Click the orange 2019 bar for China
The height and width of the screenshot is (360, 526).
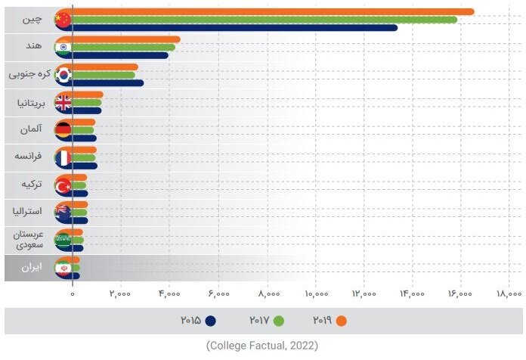pos(272,11)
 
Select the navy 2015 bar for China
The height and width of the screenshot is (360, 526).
pos(234,28)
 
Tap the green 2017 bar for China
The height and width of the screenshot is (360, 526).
pos(265,20)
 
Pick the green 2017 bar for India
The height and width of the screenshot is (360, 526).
pos(125,47)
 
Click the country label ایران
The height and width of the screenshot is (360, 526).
pos(31,268)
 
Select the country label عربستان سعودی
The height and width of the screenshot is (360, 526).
pos(29,240)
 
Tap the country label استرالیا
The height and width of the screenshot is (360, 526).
pos(31,213)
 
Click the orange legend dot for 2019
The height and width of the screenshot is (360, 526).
pos(342,321)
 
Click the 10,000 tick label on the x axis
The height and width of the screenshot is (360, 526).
pos(316,293)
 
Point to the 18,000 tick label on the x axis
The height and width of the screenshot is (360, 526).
pos(509,293)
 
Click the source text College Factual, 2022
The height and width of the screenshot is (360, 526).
pos(262,346)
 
